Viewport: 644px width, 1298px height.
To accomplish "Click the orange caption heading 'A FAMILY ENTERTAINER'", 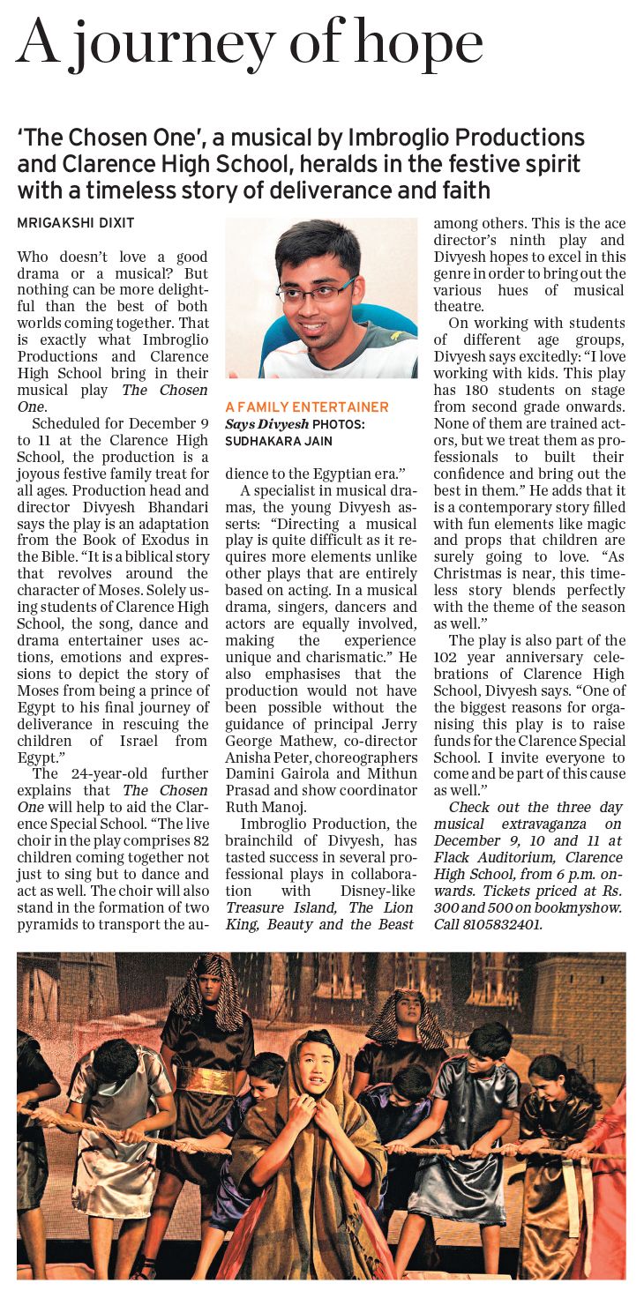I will pos(306,407).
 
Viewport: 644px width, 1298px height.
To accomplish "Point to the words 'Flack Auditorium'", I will pos(490,857).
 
